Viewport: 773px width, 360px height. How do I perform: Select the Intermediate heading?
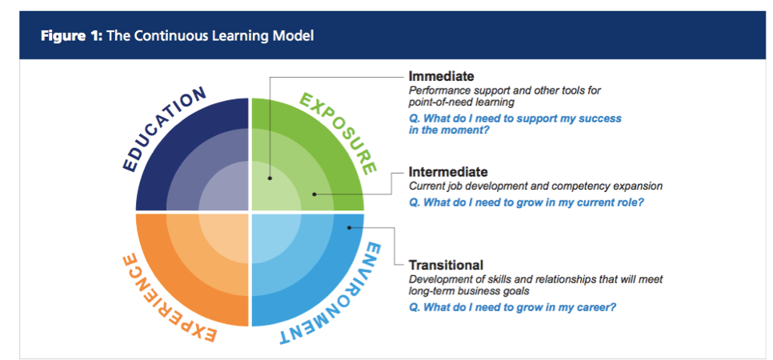(447, 172)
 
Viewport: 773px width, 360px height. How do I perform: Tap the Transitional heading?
(446, 265)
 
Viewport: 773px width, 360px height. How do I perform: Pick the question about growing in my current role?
(527, 202)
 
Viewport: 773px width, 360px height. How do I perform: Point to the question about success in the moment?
(515, 124)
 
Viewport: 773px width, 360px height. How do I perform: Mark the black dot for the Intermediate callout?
(314, 194)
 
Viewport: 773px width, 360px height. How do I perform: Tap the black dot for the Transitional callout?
(349, 228)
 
